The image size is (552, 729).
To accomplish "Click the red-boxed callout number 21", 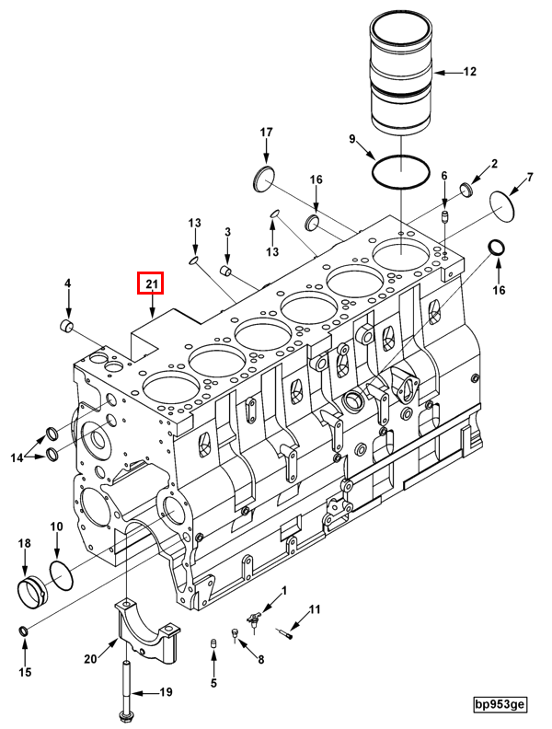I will [150, 283].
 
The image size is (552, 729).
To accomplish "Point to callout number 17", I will [266, 133].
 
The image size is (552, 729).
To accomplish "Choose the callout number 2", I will [493, 164].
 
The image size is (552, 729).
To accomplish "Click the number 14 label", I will [17, 457].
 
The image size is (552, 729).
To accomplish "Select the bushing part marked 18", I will [34, 590].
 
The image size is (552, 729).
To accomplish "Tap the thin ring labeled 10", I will [62, 577].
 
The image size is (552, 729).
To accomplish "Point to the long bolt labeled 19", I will [124, 686].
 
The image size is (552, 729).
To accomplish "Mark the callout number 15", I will [25, 672].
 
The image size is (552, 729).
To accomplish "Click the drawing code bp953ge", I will [500, 705].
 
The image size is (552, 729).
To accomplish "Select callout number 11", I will [315, 609].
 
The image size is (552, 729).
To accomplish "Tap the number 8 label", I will [260, 659].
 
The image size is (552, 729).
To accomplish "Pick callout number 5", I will [213, 683].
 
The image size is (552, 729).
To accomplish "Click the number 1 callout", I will [284, 591].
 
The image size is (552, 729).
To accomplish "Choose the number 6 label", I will [443, 176].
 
